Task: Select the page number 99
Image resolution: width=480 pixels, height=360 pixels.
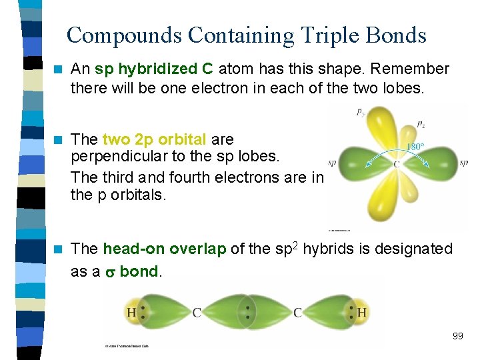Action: coord(457,336)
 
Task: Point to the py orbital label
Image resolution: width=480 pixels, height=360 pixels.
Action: coord(361,113)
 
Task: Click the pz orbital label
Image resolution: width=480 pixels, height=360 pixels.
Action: coord(422,124)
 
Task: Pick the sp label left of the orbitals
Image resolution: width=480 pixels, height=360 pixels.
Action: coord(332,162)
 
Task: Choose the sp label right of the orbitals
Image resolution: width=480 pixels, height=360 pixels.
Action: coord(463,162)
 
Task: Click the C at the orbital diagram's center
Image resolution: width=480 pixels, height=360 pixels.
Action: coord(396,165)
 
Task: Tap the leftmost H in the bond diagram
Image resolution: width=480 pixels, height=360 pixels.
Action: coord(131,312)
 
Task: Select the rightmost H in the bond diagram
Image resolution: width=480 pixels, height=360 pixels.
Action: coord(362,312)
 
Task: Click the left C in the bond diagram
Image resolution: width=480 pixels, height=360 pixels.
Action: coord(197,312)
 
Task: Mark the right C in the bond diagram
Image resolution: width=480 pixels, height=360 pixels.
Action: coord(298,312)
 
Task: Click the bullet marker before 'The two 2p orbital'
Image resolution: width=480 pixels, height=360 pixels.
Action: coord(58,139)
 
